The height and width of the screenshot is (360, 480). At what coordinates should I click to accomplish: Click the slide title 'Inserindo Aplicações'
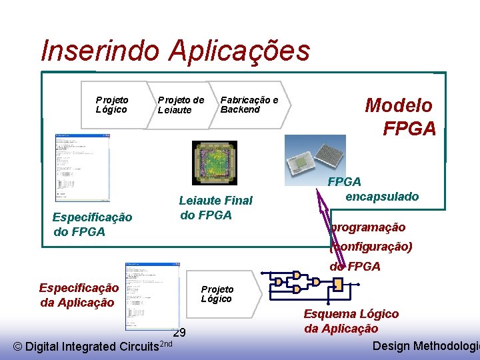tap(175, 51)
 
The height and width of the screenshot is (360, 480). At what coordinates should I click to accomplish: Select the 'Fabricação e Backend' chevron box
tap(250, 105)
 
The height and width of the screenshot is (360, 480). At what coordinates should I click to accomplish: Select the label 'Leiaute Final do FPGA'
tap(215, 207)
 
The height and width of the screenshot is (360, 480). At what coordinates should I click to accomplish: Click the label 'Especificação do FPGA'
tap(92, 224)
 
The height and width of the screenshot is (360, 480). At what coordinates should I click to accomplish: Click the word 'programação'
tap(368, 227)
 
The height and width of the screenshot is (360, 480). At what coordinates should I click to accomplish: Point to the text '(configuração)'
tap(371, 247)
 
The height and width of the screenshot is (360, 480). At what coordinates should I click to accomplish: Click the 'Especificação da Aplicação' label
tap(79, 295)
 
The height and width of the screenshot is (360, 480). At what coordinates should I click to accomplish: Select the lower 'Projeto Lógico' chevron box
tap(218, 293)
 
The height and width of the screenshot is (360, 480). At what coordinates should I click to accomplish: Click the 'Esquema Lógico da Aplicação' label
tap(351, 321)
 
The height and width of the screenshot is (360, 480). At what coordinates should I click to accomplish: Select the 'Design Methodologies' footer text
tap(425, 345)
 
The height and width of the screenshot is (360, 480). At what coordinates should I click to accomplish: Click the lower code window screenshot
tap(152, 295)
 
